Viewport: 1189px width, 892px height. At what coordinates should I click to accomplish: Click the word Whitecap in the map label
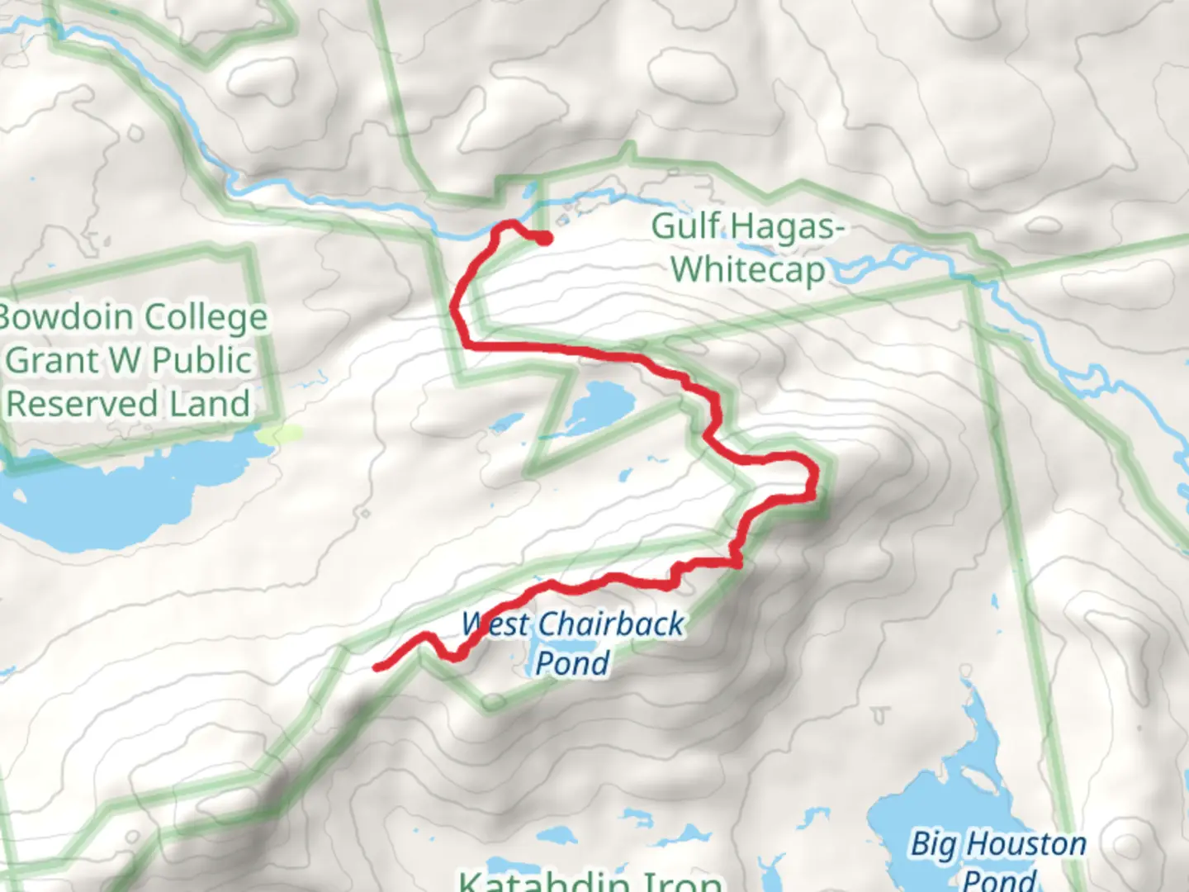click(747, 269)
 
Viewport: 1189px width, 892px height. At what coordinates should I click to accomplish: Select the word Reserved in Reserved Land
click(82, 403)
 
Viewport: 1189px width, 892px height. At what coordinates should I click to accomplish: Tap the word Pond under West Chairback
click(572, 662)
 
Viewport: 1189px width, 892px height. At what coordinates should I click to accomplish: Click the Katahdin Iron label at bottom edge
click(590, 880)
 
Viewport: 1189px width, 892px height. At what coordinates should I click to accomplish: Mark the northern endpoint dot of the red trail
click(545, 240)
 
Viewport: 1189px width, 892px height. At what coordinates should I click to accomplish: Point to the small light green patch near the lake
click(277, 433)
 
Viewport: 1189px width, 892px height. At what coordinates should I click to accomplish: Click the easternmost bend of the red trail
click(816, 479)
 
